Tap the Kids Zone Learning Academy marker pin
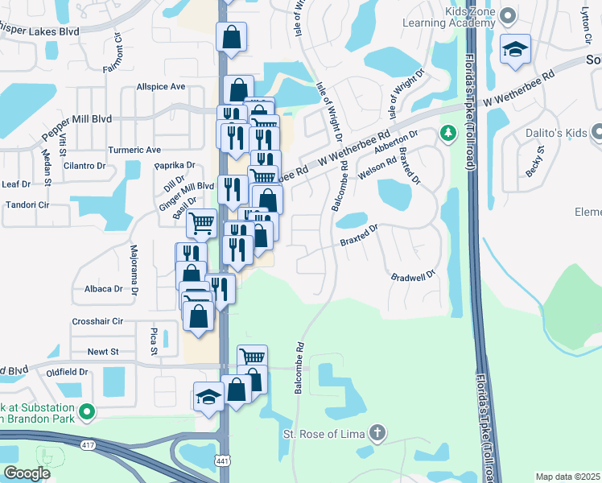click(508, 15)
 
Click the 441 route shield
click(222, 460)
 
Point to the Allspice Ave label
click(161, 87)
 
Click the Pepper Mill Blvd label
click(78, 118)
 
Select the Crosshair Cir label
click(97, 321)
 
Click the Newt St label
click(103, 352)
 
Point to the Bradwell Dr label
click(413, 276)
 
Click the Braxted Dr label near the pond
click(359, 233)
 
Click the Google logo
click(27, 473)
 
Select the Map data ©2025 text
click(567, 477)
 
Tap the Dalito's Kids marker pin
click(595, 131)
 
